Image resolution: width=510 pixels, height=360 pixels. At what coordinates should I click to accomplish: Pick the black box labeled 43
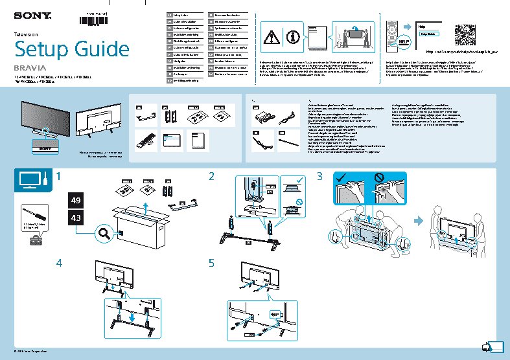[76, 219]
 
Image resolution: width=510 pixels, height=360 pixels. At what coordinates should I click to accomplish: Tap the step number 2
[211, 177]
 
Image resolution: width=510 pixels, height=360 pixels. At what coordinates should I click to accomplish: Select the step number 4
[60, 264]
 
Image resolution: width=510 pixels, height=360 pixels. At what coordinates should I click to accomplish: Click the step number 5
[211, 264]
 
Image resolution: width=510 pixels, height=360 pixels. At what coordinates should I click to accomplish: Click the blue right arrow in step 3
[418, 220]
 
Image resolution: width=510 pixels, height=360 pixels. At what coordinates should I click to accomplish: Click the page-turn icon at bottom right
[494, 346]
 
